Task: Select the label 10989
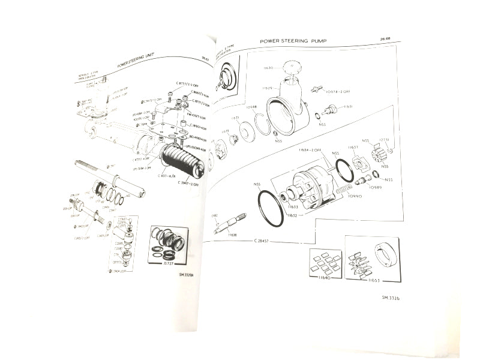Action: tap(376, 187)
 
